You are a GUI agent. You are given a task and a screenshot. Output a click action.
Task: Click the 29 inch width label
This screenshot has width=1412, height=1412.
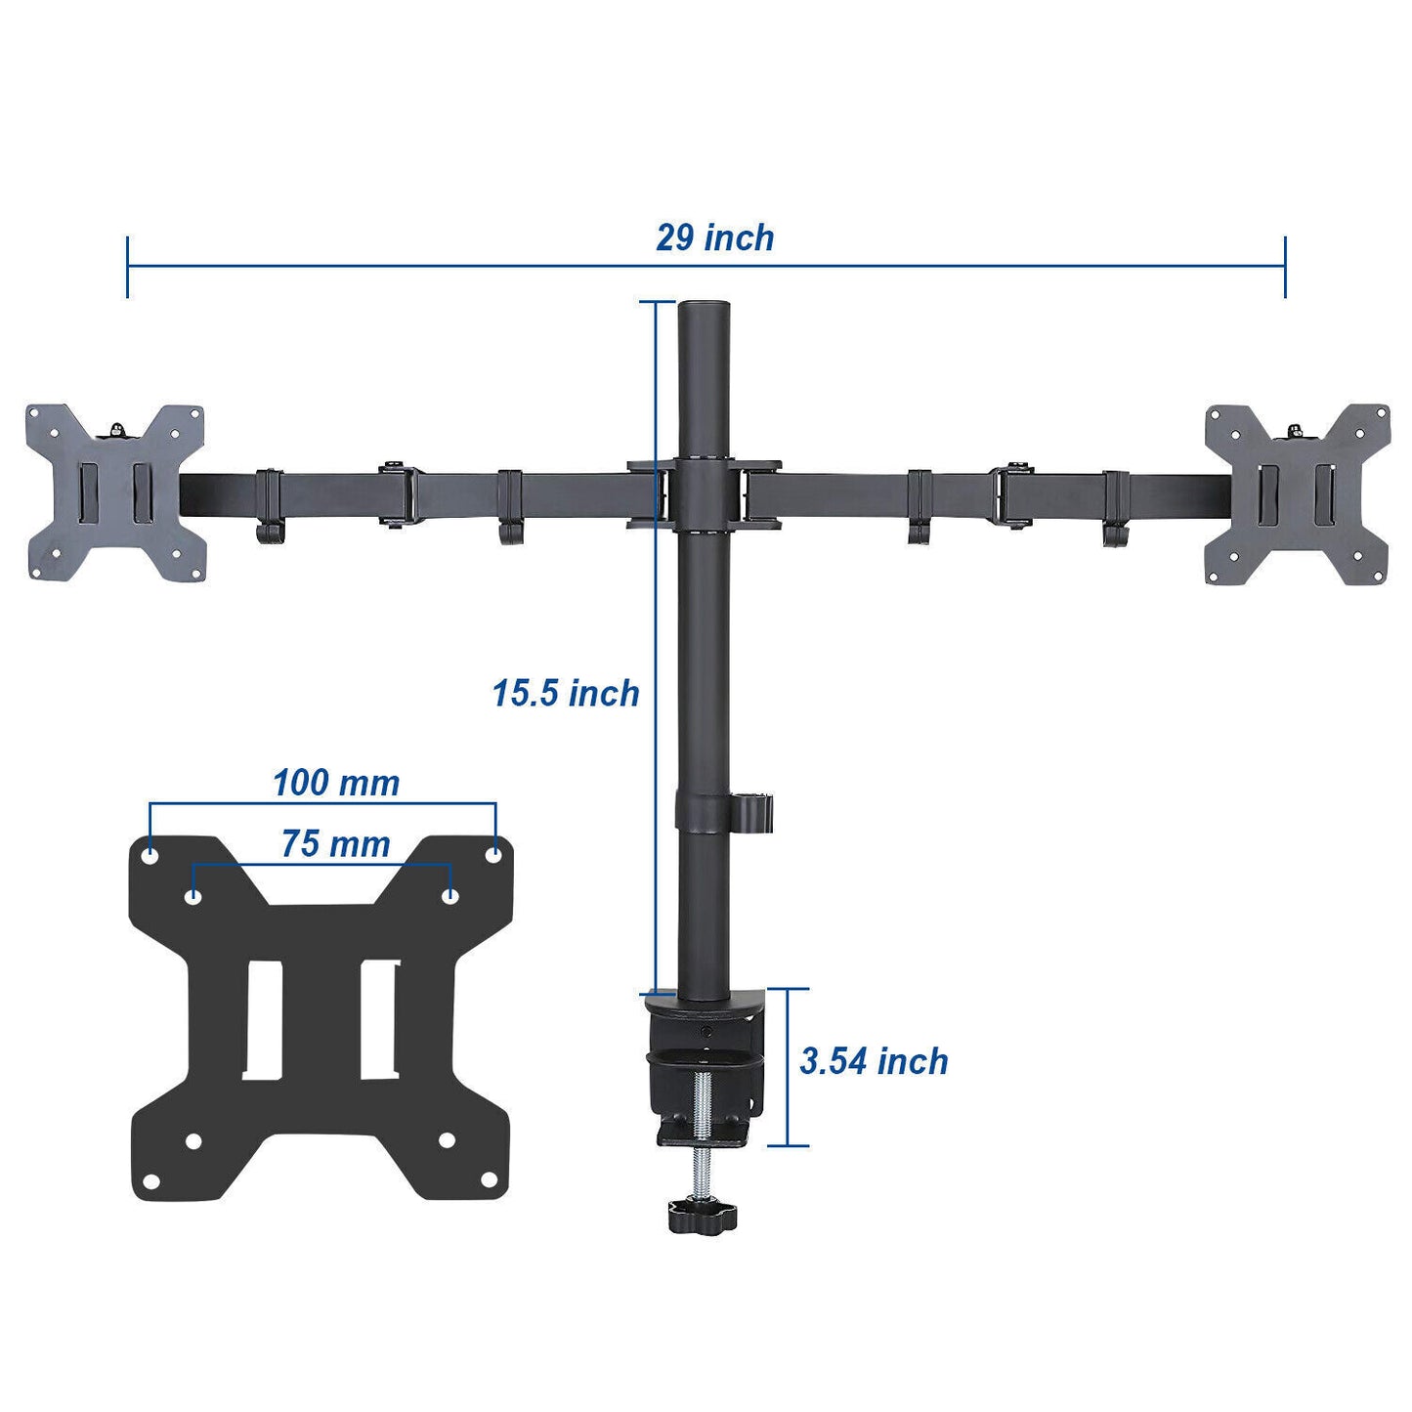pyautogui.click(x=714, y=238)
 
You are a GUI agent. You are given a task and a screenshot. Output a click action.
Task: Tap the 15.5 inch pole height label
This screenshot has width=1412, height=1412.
pyautogui.click(x=565, y=694)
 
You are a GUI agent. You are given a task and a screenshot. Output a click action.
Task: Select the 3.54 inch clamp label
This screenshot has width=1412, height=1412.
pyautogui.click(x=874, y=1061)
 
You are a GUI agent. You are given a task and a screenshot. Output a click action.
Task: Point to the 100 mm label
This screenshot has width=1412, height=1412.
pyautogui.click(x=335, y=783)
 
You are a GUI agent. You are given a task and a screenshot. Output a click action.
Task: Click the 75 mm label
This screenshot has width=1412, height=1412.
pyautogui.click(x=335, y=844)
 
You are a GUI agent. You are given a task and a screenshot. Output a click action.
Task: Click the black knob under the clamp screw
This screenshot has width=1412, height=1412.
pyautogui.click(x=702, y=1215)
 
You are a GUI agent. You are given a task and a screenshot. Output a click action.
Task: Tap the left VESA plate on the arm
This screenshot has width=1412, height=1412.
pyautogui.click(x=115, y=493)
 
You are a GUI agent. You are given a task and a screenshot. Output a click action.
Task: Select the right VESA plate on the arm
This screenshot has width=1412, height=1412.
pyautogui.click(x=1297, y=493)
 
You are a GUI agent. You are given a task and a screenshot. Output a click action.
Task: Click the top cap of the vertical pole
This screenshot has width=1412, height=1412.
pyautogui.click(x=704, y=307)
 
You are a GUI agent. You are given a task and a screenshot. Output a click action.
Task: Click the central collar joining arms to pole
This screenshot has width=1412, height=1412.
pyautogui.click(x=704, y=495)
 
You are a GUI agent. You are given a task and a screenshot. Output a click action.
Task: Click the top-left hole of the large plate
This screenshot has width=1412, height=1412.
pyautogui.click(x=150, y=855)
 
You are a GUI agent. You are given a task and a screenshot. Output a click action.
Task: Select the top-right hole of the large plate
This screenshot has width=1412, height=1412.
pyautogui.click(x=493, y=855)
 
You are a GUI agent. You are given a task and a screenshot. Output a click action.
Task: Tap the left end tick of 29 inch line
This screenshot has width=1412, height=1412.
pyautogui.click(x=127, y=266)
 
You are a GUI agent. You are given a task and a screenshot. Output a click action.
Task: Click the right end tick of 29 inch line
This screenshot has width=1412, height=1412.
pyautogui.click(x=1285, y=266)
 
